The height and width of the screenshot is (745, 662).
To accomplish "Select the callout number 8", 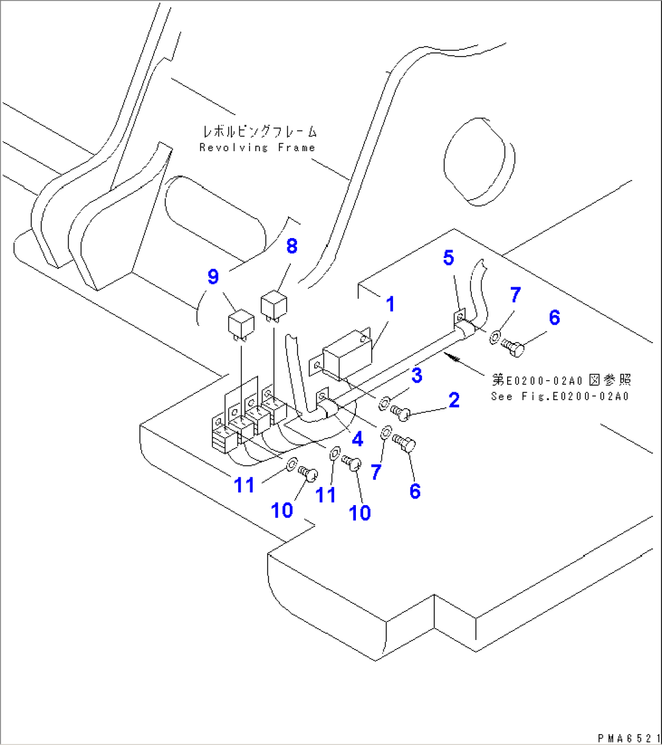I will tap(292, 247).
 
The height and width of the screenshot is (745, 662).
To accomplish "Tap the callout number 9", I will tap(213, 277).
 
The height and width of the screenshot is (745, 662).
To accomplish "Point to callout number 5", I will tap(448, 258).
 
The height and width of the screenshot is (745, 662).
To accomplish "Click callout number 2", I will tap(454, 400).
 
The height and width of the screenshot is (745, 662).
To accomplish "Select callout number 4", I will tap(357, 440).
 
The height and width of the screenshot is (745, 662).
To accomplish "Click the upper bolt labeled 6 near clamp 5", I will tap(514, 347).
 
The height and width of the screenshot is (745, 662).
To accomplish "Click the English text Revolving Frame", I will tap(257, 148).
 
